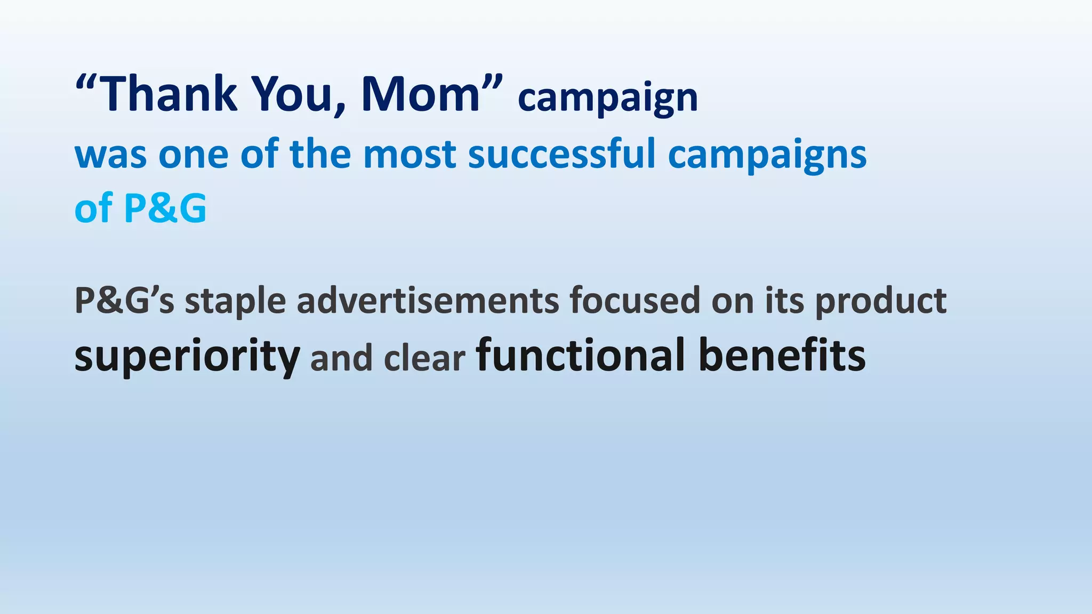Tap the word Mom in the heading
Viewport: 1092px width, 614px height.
pos(421,94)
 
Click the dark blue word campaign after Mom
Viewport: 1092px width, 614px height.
pos(607,99)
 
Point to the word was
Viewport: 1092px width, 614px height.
pos(110,155)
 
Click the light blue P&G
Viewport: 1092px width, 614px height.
pos(165,208)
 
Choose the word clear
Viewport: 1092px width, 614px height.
pos(424,358)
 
